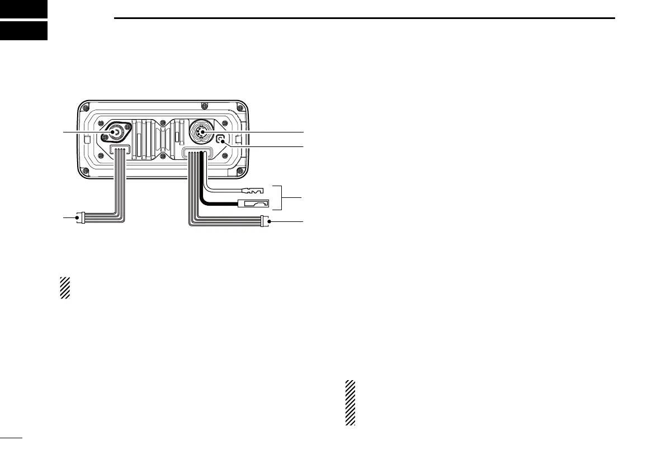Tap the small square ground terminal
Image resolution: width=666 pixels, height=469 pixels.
(223, 141)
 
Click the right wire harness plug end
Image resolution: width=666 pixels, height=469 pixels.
(265, 222)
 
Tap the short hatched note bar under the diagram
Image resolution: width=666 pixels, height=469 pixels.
(65, 287)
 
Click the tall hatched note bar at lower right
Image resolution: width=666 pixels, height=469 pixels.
(350, 403)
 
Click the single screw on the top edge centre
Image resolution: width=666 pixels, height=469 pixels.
(205, 105)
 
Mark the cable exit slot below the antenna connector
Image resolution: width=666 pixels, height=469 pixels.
(120, 150)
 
